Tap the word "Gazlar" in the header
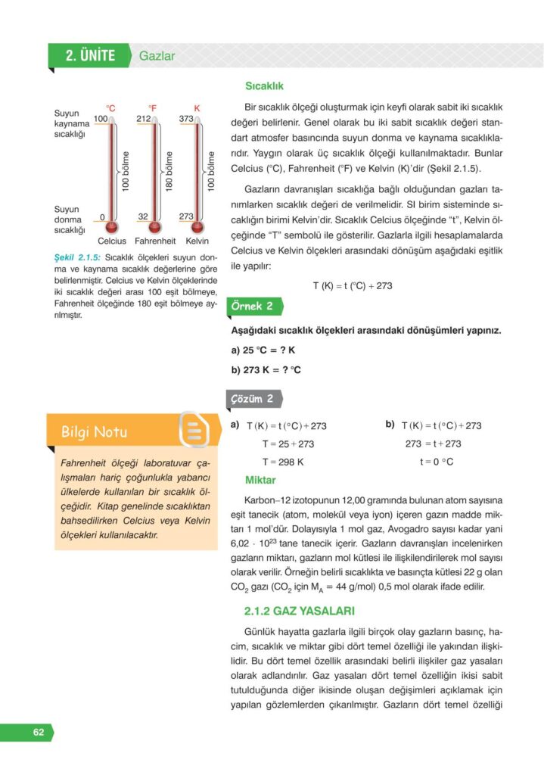[x=157, y=56]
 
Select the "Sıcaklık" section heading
[x=264, y=86]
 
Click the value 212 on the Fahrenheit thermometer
[x=144, y=119]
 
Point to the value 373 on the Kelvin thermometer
[x=186, y=119]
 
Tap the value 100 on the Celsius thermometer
[x=101, y=119]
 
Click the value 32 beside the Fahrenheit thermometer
[x=143, y=216]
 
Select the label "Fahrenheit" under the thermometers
[x=154, y=241]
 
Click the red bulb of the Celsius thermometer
[x=112, y=226]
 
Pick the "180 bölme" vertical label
[x=169, y=171]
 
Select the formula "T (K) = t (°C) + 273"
[x=352, y=285]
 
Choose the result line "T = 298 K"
[x=283, y=462]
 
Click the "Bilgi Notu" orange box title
[x=95, y=432]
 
